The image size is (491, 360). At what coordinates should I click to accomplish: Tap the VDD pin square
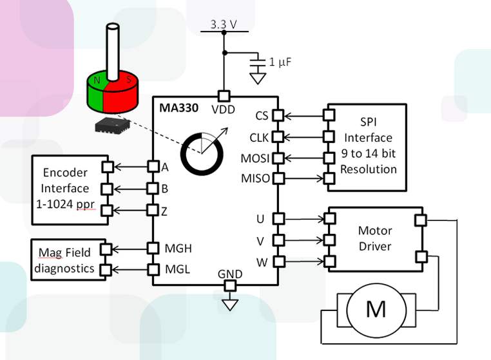click(x=224, y=96)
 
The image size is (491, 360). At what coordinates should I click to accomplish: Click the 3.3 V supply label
click(x=224, y=24)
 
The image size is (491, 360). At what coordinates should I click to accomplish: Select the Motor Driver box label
click(x=374, y=238)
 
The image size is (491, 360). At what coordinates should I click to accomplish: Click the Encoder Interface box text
click(x=65, y=189)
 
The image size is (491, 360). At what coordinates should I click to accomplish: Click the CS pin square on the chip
click(x=278, y=116)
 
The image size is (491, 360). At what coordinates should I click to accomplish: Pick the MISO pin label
click(x=255, y=178)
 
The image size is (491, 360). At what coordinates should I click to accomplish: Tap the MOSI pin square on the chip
click(x=278, y=158)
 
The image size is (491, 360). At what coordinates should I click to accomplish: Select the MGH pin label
click(x=178, y=248)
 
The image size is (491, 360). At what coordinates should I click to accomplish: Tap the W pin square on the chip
click(x=278, y=261)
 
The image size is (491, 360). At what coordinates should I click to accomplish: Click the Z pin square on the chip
click(x=153, y=210)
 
